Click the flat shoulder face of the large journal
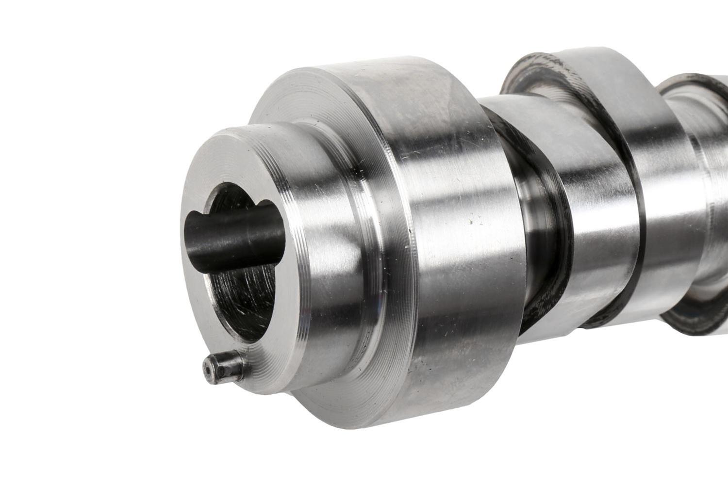(x=306, y=112)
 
